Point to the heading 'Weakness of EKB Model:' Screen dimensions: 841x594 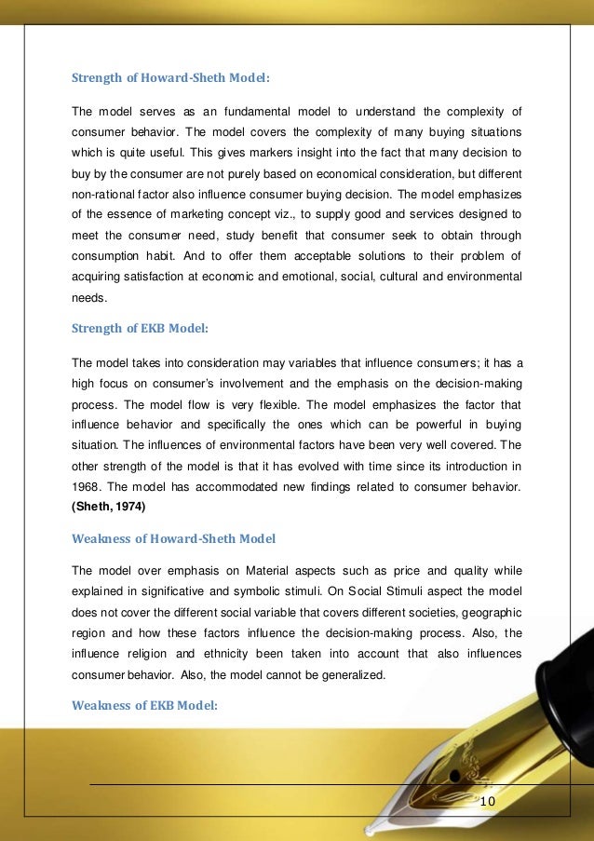point(144,705)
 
